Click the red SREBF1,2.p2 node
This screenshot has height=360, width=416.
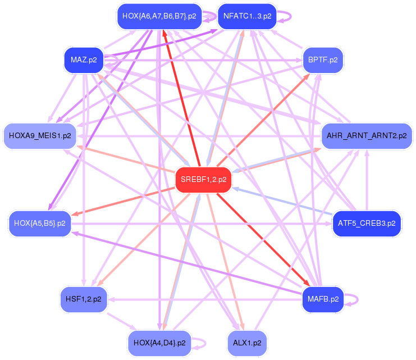(x=203, y=180)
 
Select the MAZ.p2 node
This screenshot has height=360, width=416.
(x=84, y=59)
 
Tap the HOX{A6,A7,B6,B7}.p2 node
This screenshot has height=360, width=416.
(x=159, y=16)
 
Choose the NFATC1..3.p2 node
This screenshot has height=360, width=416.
(x=247, y=16)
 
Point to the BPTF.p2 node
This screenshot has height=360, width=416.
(x=323, y=59)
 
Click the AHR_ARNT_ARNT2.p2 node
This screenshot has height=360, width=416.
(x=367, y=136)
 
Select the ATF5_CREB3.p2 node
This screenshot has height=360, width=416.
(x=367, y=223)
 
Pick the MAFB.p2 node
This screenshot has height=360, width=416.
(x=323, y=299)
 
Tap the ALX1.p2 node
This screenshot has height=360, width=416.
(x=247, y=342)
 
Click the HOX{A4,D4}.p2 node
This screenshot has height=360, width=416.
(x=159, y=342)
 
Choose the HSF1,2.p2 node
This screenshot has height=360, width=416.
(x=84, y=299)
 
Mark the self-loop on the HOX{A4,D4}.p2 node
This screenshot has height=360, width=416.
(x=205, y=342)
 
